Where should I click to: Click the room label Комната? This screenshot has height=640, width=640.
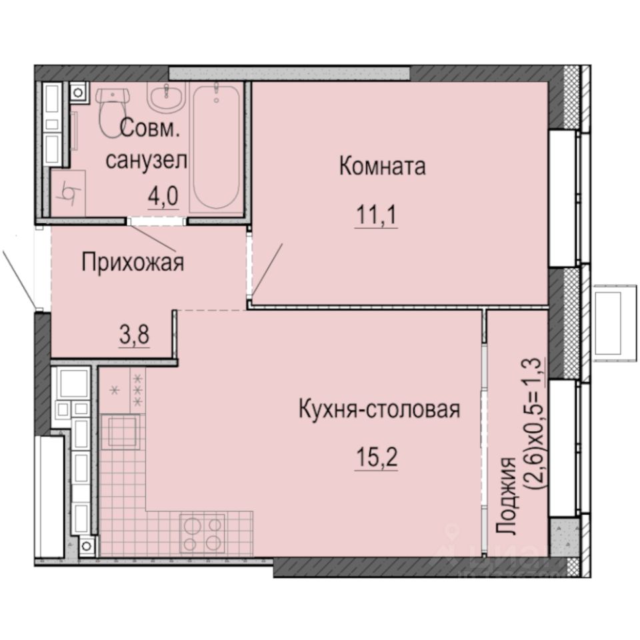pos(382,166)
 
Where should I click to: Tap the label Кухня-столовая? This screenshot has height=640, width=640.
pos(379,409)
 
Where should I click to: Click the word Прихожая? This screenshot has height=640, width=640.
pos(132,263)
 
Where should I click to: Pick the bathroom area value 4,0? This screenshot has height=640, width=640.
pos(163,199)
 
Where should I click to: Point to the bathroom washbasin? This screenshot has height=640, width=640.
pos(164,100)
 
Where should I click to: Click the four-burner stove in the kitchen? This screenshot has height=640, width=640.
pos(203,533)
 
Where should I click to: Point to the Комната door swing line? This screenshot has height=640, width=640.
pos(268,270)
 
